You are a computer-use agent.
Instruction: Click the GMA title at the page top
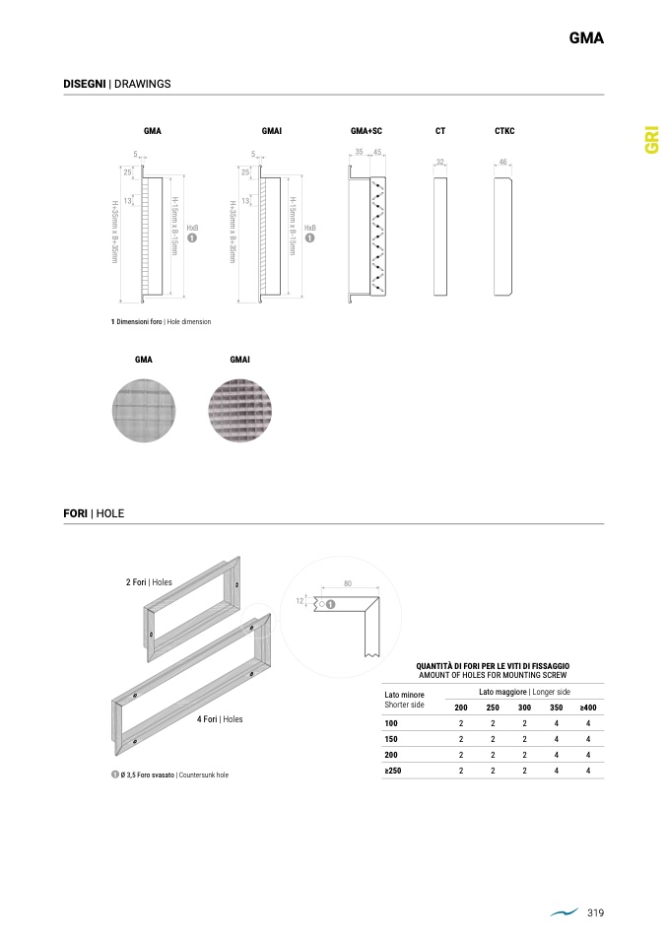(586, 37)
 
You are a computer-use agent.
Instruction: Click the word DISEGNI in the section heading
(85, 84)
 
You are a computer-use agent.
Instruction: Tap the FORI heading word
(75, 513)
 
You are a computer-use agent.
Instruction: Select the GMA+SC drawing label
(366, 131)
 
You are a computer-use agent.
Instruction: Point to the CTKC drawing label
(504, 131)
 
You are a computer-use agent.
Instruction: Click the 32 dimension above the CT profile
(440, 162)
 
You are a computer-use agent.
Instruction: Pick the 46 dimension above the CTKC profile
(502, 162)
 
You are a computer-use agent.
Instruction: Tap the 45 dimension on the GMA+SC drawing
(377, 153)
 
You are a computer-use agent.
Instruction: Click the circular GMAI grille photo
(240, 411)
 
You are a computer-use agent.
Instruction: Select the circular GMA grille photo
(144, 411)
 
